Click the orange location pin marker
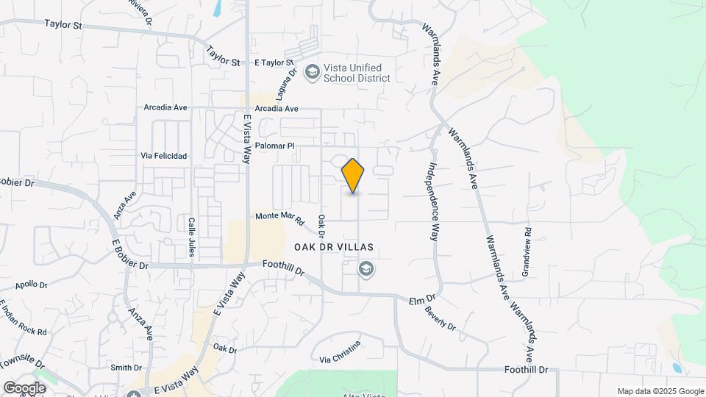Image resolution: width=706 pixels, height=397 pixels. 353,176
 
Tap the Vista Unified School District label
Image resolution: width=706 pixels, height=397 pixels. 355,73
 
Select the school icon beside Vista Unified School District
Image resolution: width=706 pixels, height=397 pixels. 313,71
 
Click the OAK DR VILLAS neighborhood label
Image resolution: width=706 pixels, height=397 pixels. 335,247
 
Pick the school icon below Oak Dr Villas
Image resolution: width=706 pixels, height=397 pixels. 366,270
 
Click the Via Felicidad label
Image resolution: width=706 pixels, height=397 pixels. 164,156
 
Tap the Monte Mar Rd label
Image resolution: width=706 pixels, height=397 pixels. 279,216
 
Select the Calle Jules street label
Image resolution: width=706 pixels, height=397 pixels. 191,237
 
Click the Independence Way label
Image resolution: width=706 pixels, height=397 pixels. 434,203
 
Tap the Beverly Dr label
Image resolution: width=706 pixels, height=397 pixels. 440,317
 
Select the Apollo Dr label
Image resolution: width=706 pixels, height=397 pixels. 31,285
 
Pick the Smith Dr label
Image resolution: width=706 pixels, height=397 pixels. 126,368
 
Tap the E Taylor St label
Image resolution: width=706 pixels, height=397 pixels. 274,63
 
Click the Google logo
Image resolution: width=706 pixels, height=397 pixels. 24,387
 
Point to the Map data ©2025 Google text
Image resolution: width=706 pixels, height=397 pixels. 660,391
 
